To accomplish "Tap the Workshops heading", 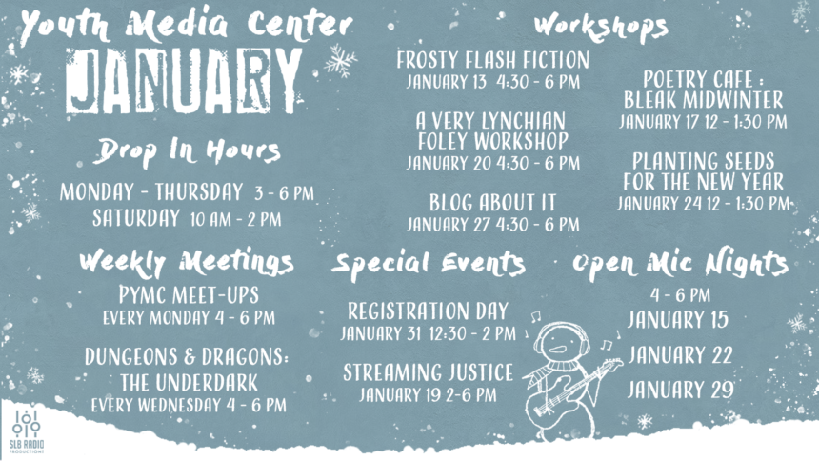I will click(x=599, y=25).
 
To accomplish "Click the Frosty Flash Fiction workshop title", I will click(x=492, y=61).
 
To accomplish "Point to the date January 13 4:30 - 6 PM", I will click(x=492, y=82).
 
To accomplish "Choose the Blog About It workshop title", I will click(x=492, y=203).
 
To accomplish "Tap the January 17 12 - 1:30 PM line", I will click(x=702, y=121).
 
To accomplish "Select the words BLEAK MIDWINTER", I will click(x=703, y=99).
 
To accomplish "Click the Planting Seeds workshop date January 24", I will click(x=702, y=203).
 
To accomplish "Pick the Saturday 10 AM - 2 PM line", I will click(x=187, y=218).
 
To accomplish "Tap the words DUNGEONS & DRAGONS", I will click(x=187, y=358).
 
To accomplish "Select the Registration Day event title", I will click(x=428, y=311).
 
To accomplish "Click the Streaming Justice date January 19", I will click(x=428, y=393).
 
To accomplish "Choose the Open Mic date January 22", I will click(x=679, y=355).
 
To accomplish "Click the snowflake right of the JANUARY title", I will click(x=338, y=61).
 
